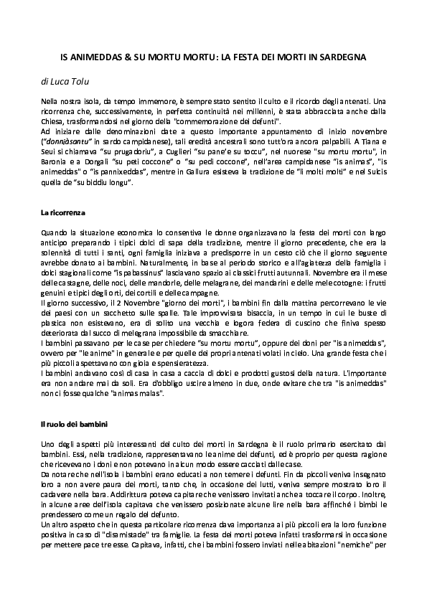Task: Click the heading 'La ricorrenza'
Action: pyautogui.click(x=63, y=213)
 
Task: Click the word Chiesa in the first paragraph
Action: pyautogui.click(x=54, y=123)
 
